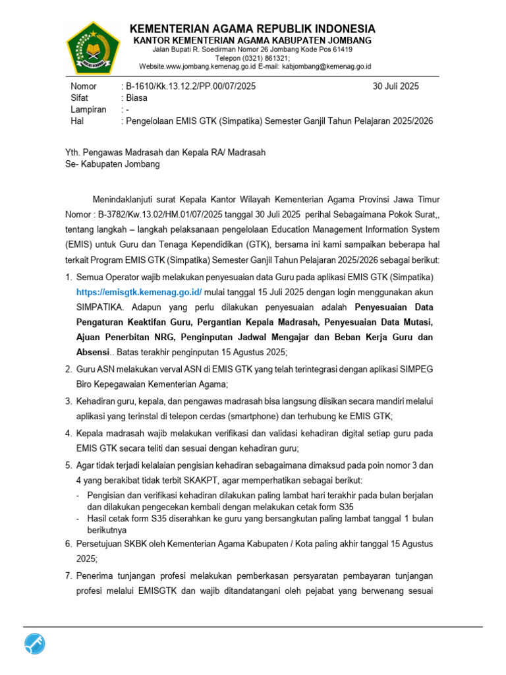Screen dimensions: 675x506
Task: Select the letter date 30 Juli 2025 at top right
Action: [x=395, y=86]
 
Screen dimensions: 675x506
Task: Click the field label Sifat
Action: [x=79, y=98]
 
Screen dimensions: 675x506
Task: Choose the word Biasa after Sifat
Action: [x=137, y=98]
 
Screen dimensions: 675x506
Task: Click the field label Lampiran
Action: [x=88, y=110]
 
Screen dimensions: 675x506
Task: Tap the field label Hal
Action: [x=77, y=122]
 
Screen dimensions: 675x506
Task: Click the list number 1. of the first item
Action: [x=69, y=276]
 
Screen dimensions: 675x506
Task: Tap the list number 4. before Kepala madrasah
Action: [x=69, y=434]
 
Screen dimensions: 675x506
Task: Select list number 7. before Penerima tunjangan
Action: [x=69, y=576]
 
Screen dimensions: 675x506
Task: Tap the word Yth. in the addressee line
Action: [x=72, y=152]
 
